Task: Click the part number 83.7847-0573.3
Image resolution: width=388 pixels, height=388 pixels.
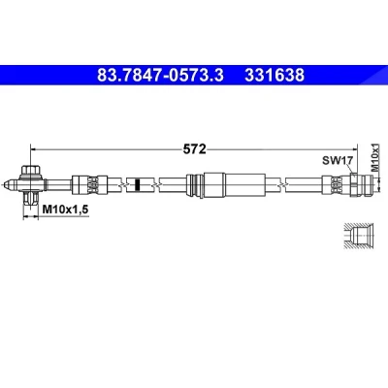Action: pos(160,76)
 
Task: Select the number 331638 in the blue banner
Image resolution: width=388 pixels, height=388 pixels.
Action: pos(275,76)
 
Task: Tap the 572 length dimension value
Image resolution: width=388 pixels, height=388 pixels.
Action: pos(194,149)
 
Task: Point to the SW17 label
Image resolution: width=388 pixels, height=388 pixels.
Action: pos(337,160)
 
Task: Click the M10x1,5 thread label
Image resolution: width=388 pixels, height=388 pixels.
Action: pos(65,210)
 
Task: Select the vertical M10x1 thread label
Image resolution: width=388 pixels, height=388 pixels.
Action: pos(374,157)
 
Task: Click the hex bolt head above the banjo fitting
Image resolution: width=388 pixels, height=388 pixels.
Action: pos(30,170)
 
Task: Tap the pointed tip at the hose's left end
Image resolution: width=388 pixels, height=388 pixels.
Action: pos(3,185)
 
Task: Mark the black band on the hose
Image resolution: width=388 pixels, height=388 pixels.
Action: pos(137,184)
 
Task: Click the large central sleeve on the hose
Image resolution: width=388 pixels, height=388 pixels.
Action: pos(226,184)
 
